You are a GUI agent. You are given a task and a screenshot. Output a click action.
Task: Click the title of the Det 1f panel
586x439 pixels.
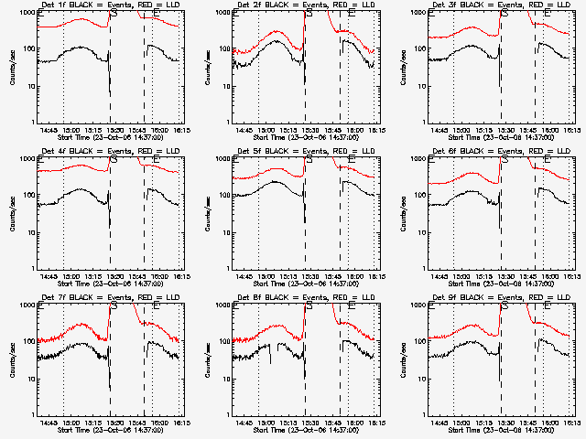point(109,5)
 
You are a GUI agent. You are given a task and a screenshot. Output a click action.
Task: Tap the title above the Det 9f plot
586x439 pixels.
point(500,298)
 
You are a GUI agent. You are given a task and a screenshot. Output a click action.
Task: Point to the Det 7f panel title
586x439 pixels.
point(109,298)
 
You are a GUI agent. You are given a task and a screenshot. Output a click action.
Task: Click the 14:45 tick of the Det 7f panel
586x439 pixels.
point(51,423)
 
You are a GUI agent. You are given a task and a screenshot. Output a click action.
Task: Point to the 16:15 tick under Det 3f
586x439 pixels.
point(569,130)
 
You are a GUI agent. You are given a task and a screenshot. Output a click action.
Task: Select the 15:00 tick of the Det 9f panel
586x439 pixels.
point(465,423)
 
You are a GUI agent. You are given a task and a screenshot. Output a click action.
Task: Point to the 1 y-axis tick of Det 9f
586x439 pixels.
point(418,413)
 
